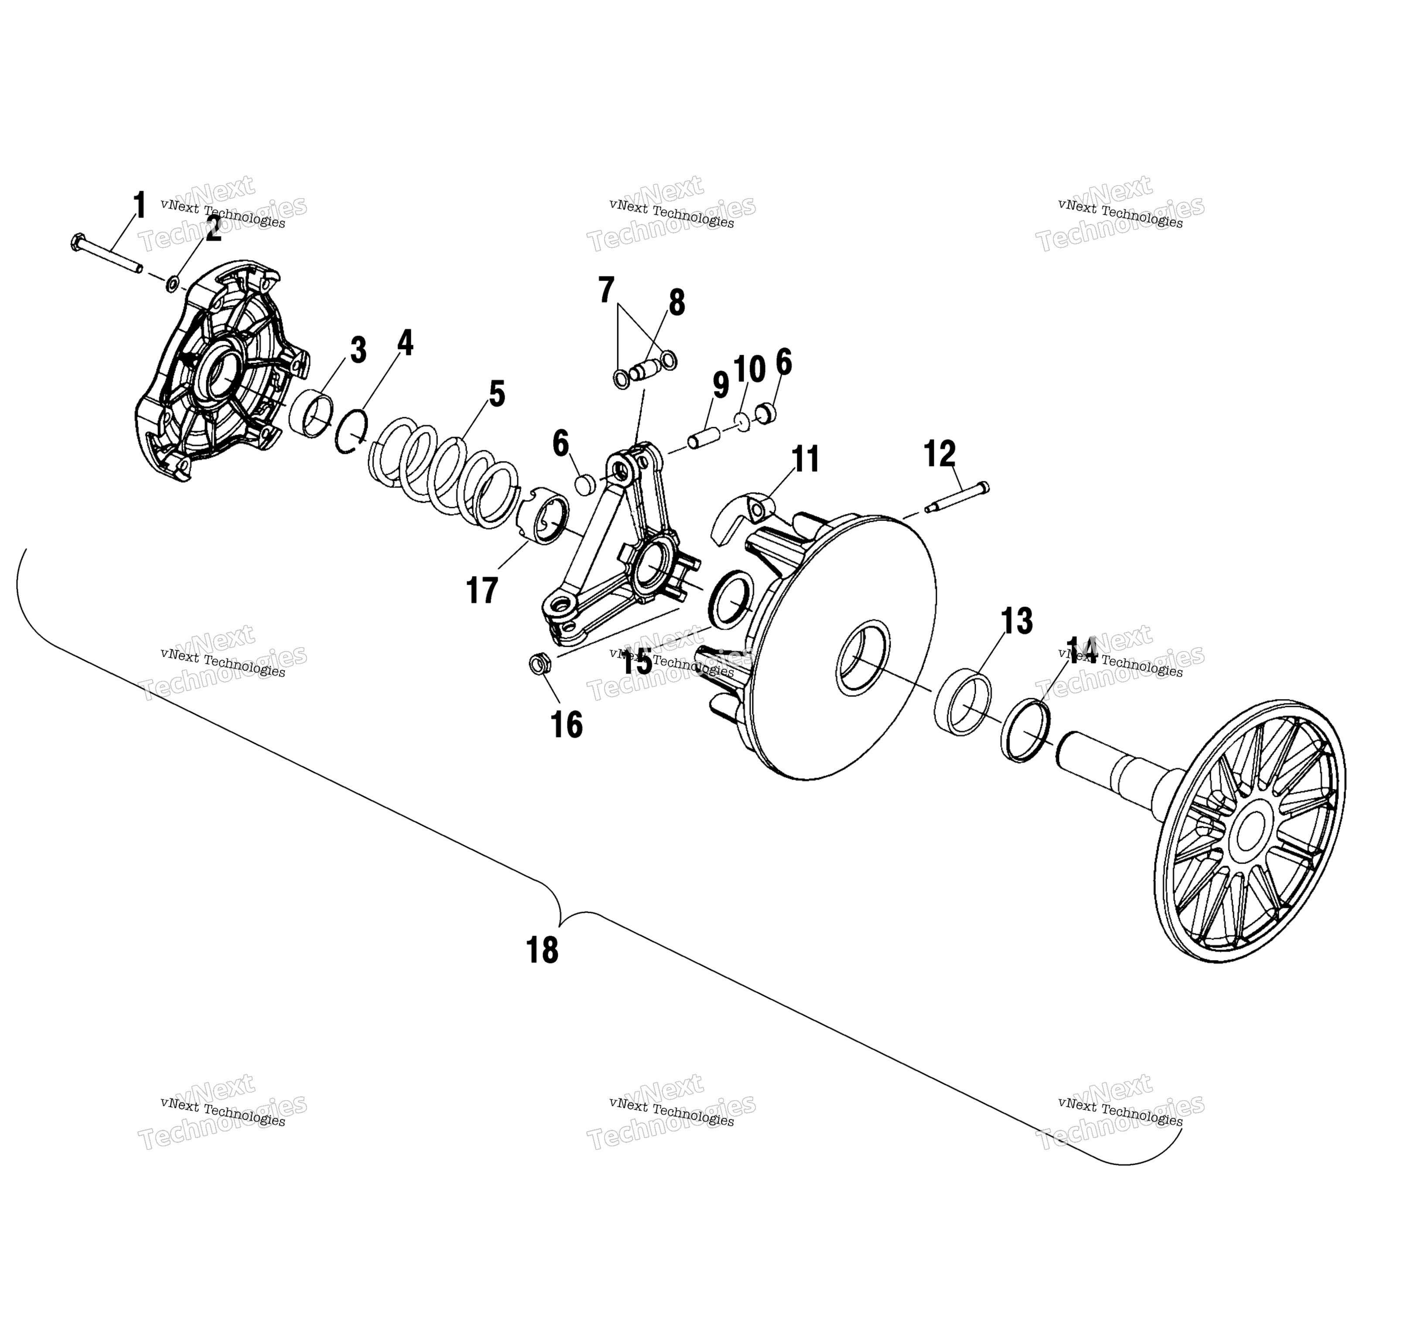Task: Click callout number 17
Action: click(482, 591)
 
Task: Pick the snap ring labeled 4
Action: click(351, 431)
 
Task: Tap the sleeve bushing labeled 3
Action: click(312, 413)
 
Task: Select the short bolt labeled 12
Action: click(956, 497)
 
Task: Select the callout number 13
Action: click(1017, 622)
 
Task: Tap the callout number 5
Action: click(497, 394)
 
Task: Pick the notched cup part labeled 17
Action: click(544, 514)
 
